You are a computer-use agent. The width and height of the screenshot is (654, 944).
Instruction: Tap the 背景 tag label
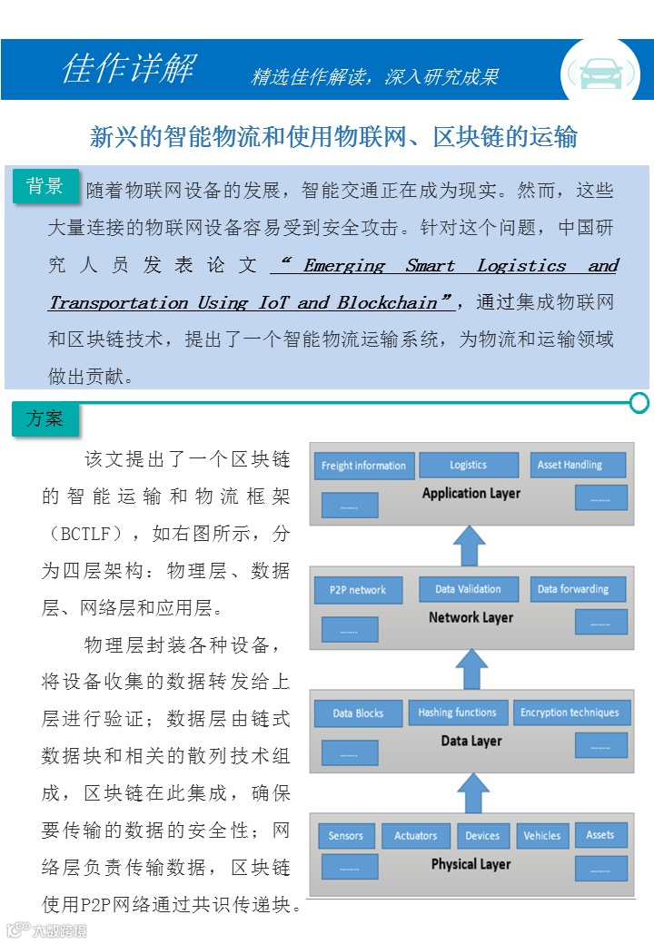[45, 186]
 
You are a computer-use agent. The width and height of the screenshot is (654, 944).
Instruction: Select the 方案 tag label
[45, 418]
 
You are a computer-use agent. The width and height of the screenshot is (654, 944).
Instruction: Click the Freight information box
[364, 466]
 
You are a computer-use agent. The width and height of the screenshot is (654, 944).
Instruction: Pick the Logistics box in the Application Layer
[468, 465]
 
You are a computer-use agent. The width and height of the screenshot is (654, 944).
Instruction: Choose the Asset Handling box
[578, 465]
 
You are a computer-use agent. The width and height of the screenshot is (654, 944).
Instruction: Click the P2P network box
[357, 590]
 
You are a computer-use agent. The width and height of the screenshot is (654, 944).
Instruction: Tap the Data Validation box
[468, 589]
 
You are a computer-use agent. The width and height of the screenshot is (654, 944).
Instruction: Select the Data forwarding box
[578, 589]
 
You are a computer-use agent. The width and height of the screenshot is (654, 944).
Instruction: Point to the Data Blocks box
[357, 713]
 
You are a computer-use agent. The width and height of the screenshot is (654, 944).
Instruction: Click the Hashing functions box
[457, 713]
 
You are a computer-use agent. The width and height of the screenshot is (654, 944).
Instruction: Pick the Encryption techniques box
[570, 713]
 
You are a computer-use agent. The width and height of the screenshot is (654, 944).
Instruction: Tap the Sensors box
[345, 836]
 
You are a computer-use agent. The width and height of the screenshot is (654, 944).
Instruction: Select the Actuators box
[415, 836]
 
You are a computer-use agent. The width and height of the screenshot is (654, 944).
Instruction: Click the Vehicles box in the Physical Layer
[541, 836]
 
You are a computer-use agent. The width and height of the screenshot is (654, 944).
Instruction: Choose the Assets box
[599, 835]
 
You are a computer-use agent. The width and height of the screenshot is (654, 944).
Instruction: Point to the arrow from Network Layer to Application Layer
[470, 546]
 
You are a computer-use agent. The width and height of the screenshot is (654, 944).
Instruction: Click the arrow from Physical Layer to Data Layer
[471, 792]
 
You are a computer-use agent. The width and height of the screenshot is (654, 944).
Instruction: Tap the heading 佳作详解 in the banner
[128, 68]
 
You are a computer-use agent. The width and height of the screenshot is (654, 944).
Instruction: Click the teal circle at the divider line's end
[639, 402]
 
